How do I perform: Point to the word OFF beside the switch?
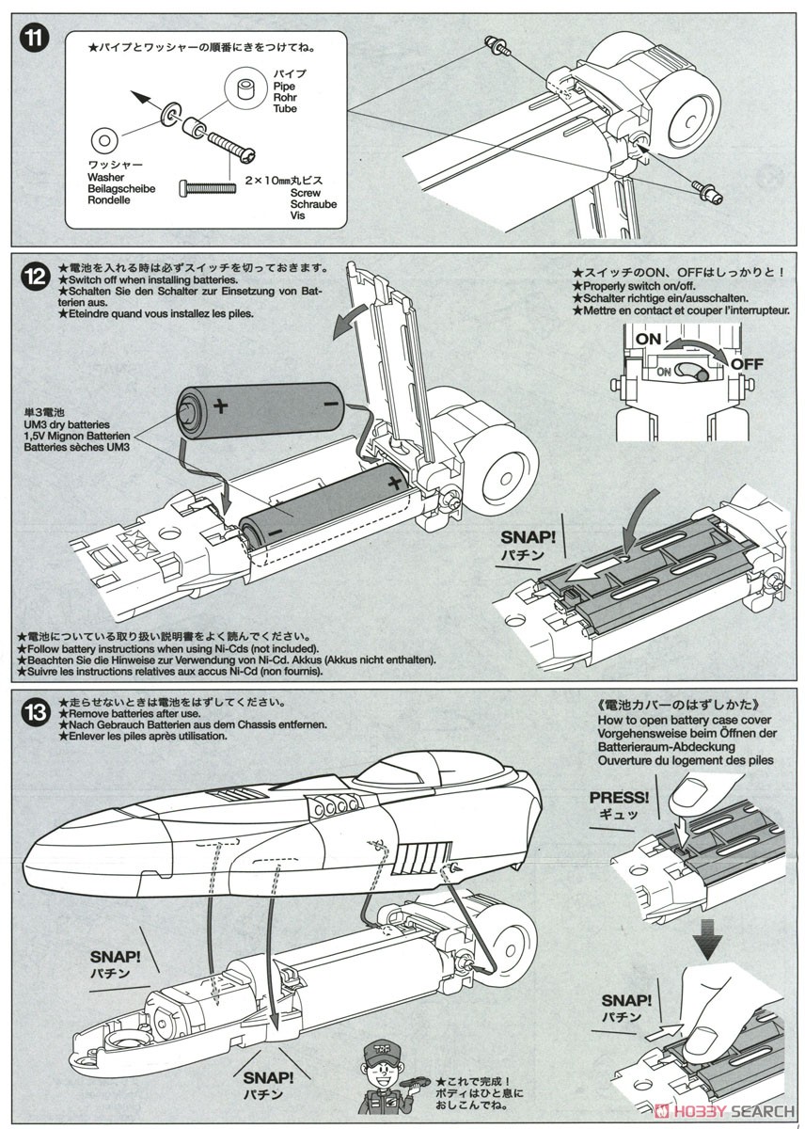click(x=747, y=363)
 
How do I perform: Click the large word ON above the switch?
click(x=649, y=338)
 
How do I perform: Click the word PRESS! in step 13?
click(x=620, y=798)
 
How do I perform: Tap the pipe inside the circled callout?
click(x=248, y=90)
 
